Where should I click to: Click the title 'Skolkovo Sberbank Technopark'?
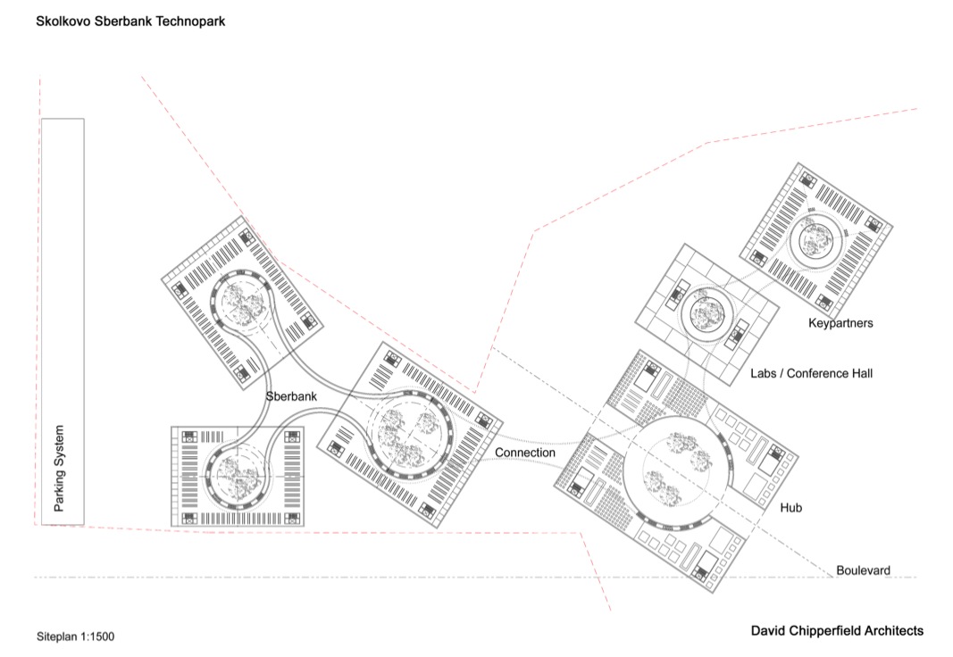coord(130,21)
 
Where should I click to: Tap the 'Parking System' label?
coord(59,468)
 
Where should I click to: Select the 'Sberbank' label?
coord(291,396)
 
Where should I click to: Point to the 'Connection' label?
coord(525,453)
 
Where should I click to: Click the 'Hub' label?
coord(790,508)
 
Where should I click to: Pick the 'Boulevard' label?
coord(863,570)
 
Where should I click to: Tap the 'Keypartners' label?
coord(840,323)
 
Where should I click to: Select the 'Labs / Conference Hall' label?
coord(811,373)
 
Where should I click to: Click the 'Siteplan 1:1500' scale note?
coord(75,636)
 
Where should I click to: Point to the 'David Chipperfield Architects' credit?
coord(837,631)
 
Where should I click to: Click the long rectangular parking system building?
coord(63,321)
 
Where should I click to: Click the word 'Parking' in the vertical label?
coord(59,491)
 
